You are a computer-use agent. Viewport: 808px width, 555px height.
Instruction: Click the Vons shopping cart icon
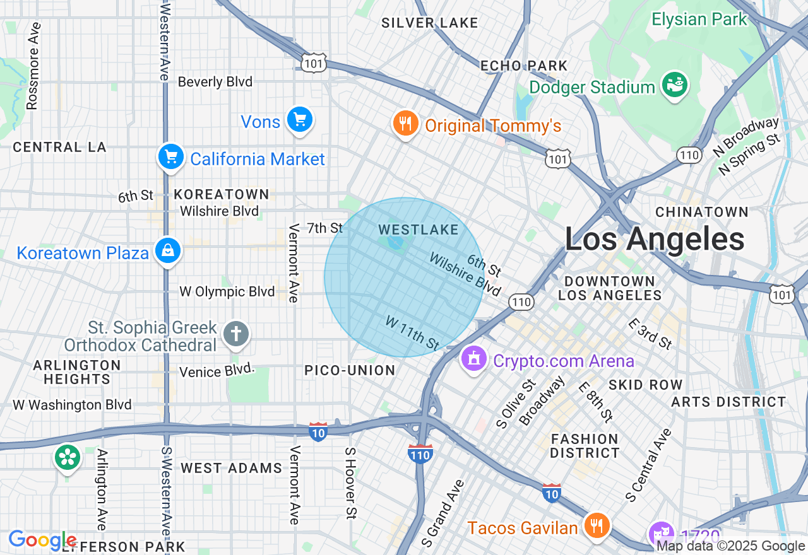pos(299,120)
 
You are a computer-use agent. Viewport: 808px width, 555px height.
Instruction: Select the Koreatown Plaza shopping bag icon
pos(167,251)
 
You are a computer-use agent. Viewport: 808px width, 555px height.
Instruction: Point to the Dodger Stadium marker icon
pos(675,85)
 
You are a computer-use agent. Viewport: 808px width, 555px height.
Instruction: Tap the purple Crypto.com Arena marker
pos(474,359)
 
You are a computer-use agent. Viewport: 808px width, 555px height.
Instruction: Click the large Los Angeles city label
pos(654,240)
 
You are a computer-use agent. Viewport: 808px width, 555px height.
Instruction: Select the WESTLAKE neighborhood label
pos(419,230)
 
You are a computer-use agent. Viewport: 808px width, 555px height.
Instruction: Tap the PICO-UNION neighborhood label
pos(350,370)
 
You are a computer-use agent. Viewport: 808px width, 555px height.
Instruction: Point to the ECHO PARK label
pos(524,66)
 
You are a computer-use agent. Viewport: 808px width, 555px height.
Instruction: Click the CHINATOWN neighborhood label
pos(701,212)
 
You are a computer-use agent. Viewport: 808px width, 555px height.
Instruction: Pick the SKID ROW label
pos(645,385)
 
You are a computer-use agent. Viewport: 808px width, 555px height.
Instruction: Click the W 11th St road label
pos(412,333)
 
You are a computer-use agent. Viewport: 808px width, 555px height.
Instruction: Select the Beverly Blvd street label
pos(215,82)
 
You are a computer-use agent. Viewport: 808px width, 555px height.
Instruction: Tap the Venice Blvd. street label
pos(217,371)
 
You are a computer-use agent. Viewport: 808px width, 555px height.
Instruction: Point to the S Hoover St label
pos(351,483)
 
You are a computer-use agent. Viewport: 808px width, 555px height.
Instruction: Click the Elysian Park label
pos(699,19)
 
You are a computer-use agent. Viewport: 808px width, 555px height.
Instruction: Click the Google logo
pos(42,540)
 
